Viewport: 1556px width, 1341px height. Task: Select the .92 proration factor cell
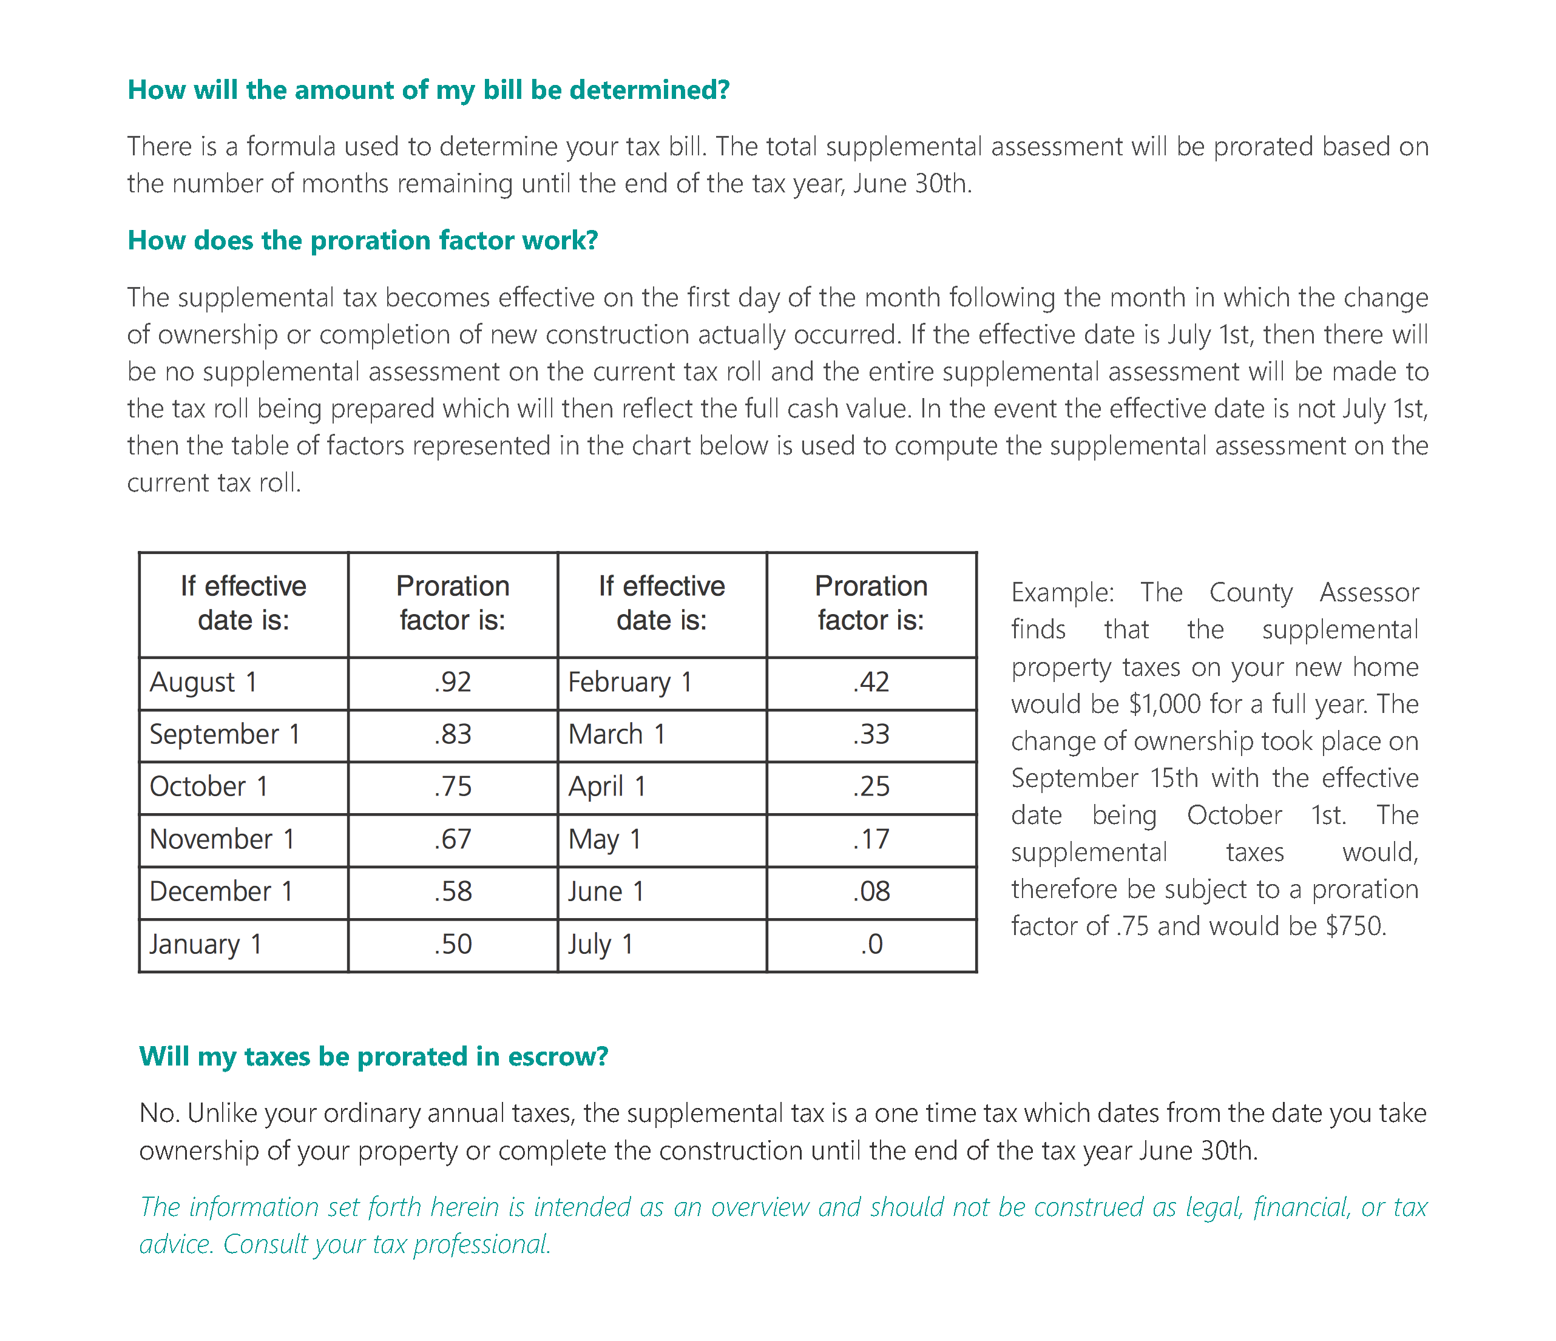[x=452, y=683]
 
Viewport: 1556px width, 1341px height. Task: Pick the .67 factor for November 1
[x=452, y=839]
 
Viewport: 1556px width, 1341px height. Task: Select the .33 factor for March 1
[x=871, y=734]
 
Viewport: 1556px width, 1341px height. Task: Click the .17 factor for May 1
[x=871, y=839]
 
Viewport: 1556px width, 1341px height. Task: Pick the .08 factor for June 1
[x=871, y=892]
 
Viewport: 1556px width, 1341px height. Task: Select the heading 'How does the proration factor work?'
[x=363, y=240]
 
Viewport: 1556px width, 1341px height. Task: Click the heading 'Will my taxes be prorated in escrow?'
[x=373, y=1056]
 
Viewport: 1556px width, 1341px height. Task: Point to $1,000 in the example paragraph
[x=1165, y=704]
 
